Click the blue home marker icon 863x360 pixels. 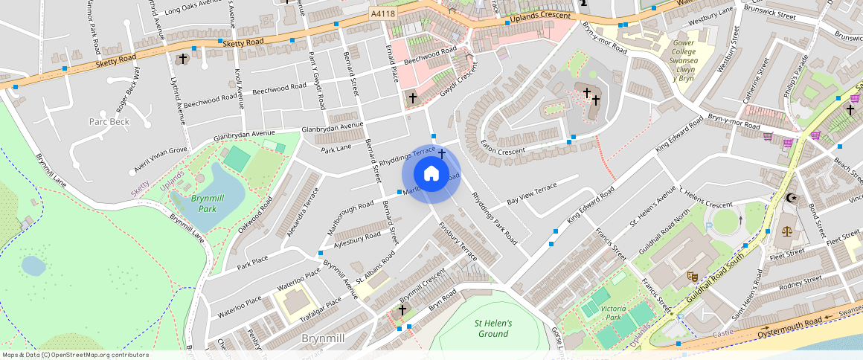(x=431, y=174)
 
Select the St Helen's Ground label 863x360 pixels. (x=493, y=329)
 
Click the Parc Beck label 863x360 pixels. (x=109, y=121)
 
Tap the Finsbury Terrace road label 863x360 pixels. (x=457, y=239)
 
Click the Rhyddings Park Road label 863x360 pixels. (x=494, y=219)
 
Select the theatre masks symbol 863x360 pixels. (x=691, y=275)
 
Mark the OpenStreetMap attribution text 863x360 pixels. (x=76, y=355)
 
